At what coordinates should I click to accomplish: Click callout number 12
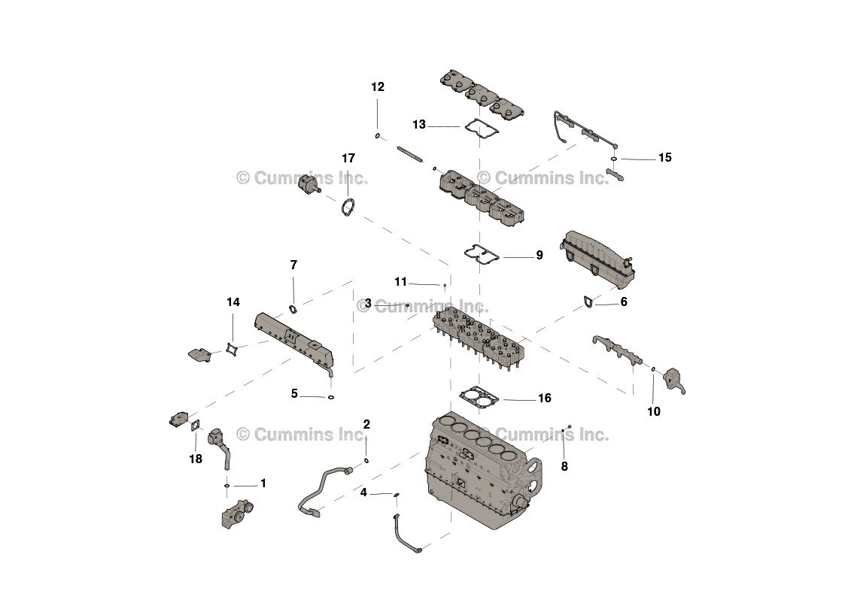click(378, 87)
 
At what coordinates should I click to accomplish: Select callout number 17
click(348, 159)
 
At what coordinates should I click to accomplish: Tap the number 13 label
click(419, 125)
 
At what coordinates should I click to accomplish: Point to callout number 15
click(664, 158)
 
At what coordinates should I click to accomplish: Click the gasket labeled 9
click(481, 255)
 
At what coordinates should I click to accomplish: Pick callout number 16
click(544, 399)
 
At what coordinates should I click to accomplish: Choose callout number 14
click(233, 302)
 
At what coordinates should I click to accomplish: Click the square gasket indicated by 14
click(231, 350)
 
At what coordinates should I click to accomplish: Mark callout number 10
click(654, 412)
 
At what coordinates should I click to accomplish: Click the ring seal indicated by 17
click(348, 208)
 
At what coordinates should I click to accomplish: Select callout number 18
click(196, 459)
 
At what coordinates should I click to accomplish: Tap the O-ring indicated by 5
click(331, 396)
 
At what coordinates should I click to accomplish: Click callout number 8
click(564, 466)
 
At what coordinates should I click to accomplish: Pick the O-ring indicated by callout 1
click(226, 486)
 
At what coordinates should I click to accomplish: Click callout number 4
click(363, 493)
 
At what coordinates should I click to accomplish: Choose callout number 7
click(293, 265)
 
